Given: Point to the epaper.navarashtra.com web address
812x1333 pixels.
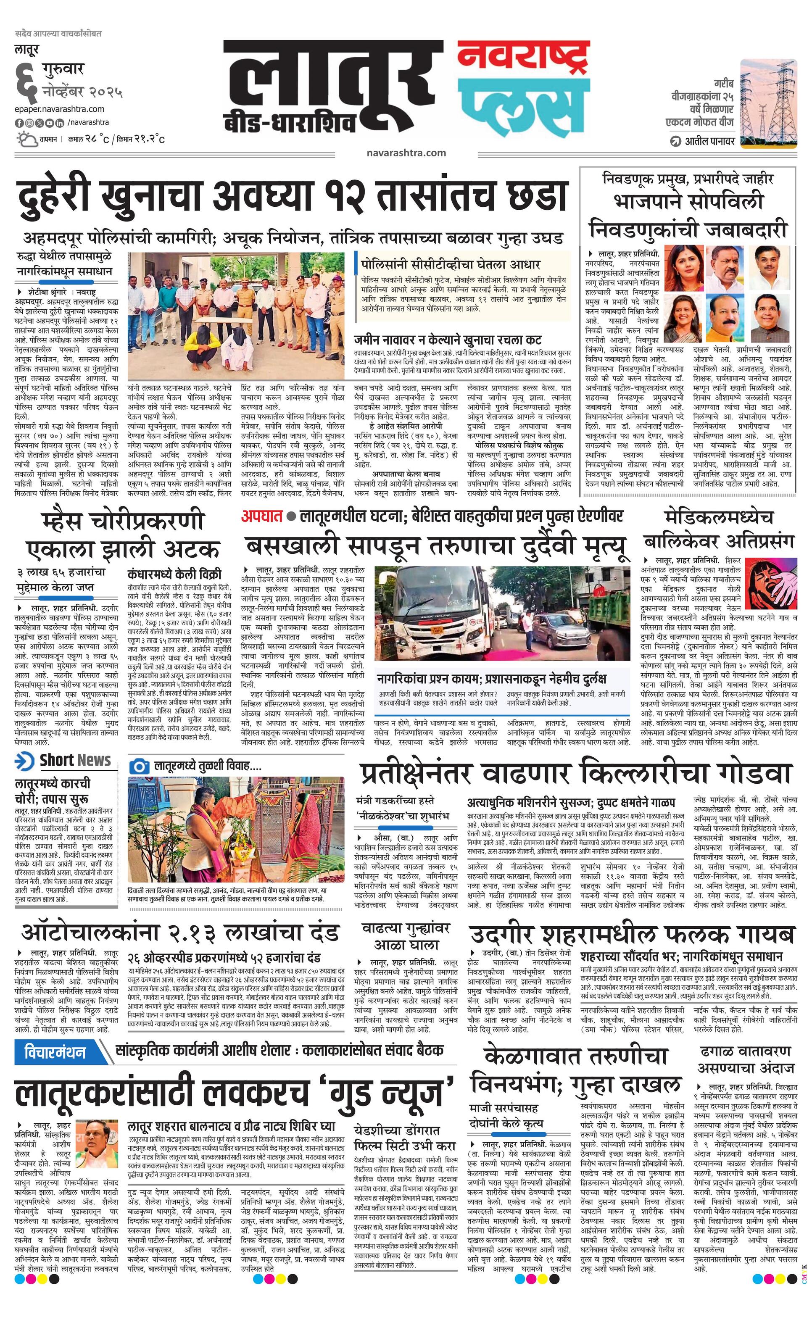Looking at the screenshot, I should [60, 109].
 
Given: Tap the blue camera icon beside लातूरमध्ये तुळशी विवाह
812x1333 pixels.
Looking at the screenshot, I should [139, 766].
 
